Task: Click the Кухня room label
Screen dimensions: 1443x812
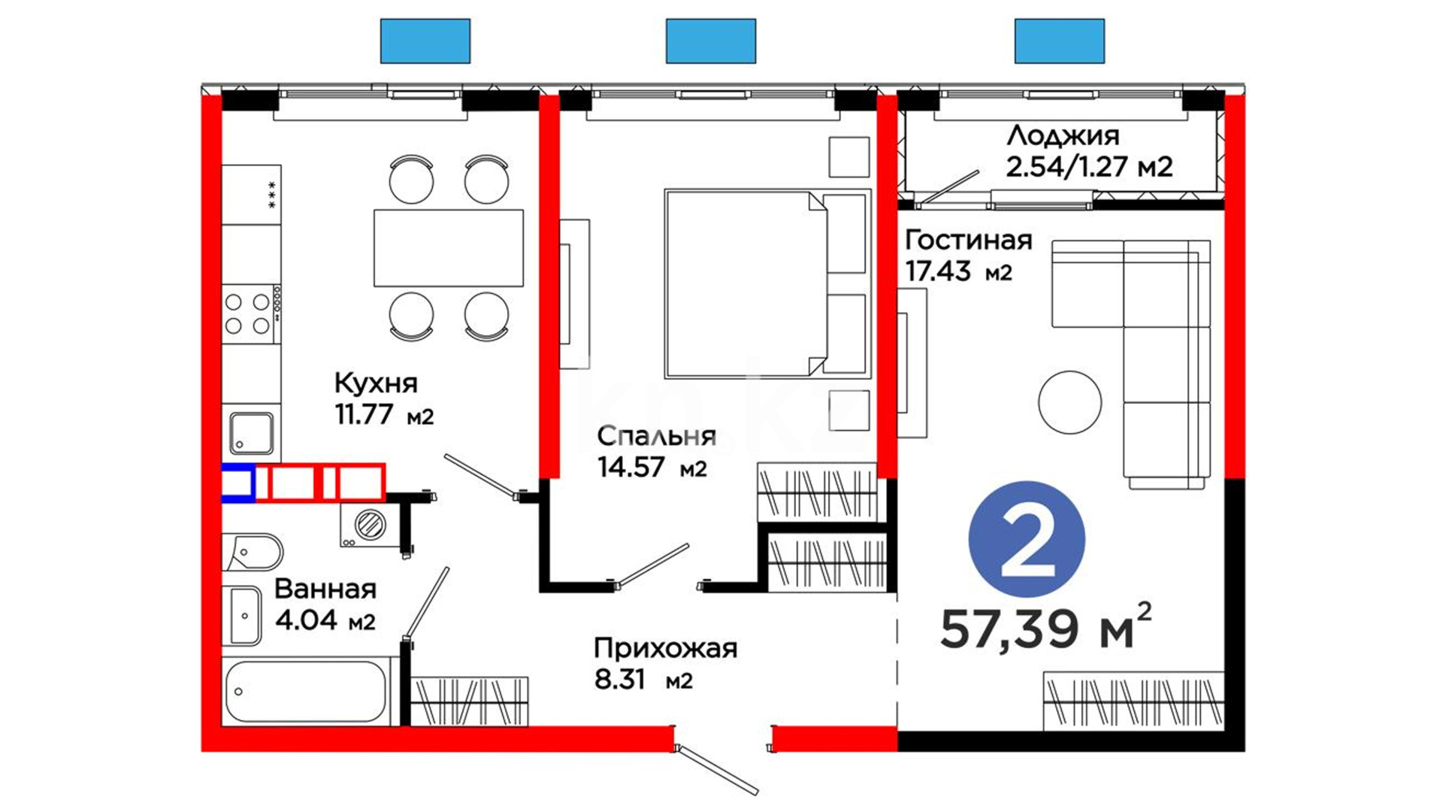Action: tap(375, 383)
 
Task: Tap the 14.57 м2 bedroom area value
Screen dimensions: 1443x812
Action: tap(652, 468)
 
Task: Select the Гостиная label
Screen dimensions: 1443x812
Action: tap(968, 240)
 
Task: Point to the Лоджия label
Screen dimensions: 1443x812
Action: tap(1063, 136)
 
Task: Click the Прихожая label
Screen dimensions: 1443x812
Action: tap(665, 648)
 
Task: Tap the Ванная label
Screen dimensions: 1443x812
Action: tap(325, 589)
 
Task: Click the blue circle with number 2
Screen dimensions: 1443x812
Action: tap(1027, 540)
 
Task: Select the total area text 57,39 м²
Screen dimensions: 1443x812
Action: tap(1045, 626)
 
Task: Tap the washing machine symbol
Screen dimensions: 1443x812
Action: tap(370, 525)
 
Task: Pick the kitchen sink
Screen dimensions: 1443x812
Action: tap(252, 434)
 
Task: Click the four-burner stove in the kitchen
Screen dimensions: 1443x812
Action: tap(251, 314)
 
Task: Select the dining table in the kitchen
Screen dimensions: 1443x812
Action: tap(449, 248)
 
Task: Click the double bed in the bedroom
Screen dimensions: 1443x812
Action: tap(767, 283)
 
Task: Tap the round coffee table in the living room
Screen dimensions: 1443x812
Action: tap(1069, 402)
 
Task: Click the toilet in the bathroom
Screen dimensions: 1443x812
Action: tap(252, 553)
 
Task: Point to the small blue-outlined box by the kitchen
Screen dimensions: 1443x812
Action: tap(238, 483)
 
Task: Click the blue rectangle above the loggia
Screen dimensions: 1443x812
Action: tap(1060, 41)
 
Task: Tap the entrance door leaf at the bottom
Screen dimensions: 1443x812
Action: tap(718, 770)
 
